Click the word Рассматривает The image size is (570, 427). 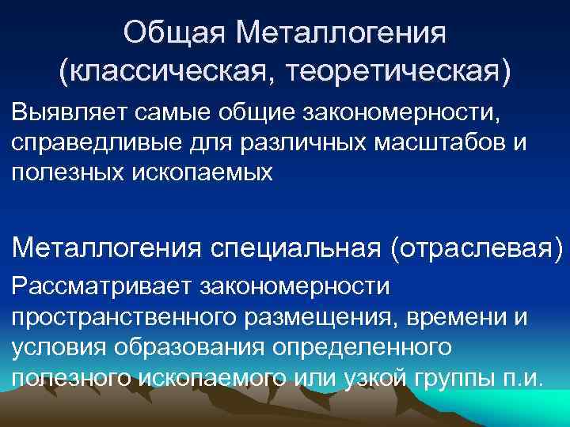[101, 284]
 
